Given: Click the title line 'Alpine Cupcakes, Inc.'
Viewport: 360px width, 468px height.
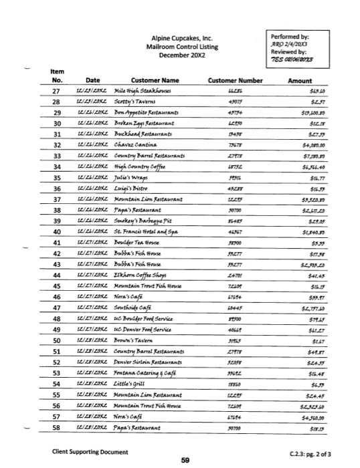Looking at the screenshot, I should (183, 39).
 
